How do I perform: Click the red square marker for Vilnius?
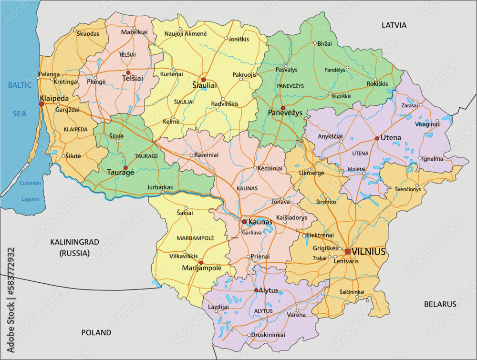point(348,251)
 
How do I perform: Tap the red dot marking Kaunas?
point(244,222)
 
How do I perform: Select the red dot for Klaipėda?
point(41,104)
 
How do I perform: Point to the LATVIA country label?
point(394,25)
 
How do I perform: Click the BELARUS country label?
point(440,304)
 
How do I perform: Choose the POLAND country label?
point(96,332)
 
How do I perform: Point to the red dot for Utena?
point(377,138)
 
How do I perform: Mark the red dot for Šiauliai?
point(203,80)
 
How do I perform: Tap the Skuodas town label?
point(88,33)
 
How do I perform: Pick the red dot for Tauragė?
point(125,168)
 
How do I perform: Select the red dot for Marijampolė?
point(201,262)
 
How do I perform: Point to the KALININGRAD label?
point(75,242)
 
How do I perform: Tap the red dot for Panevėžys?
point(283,108)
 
